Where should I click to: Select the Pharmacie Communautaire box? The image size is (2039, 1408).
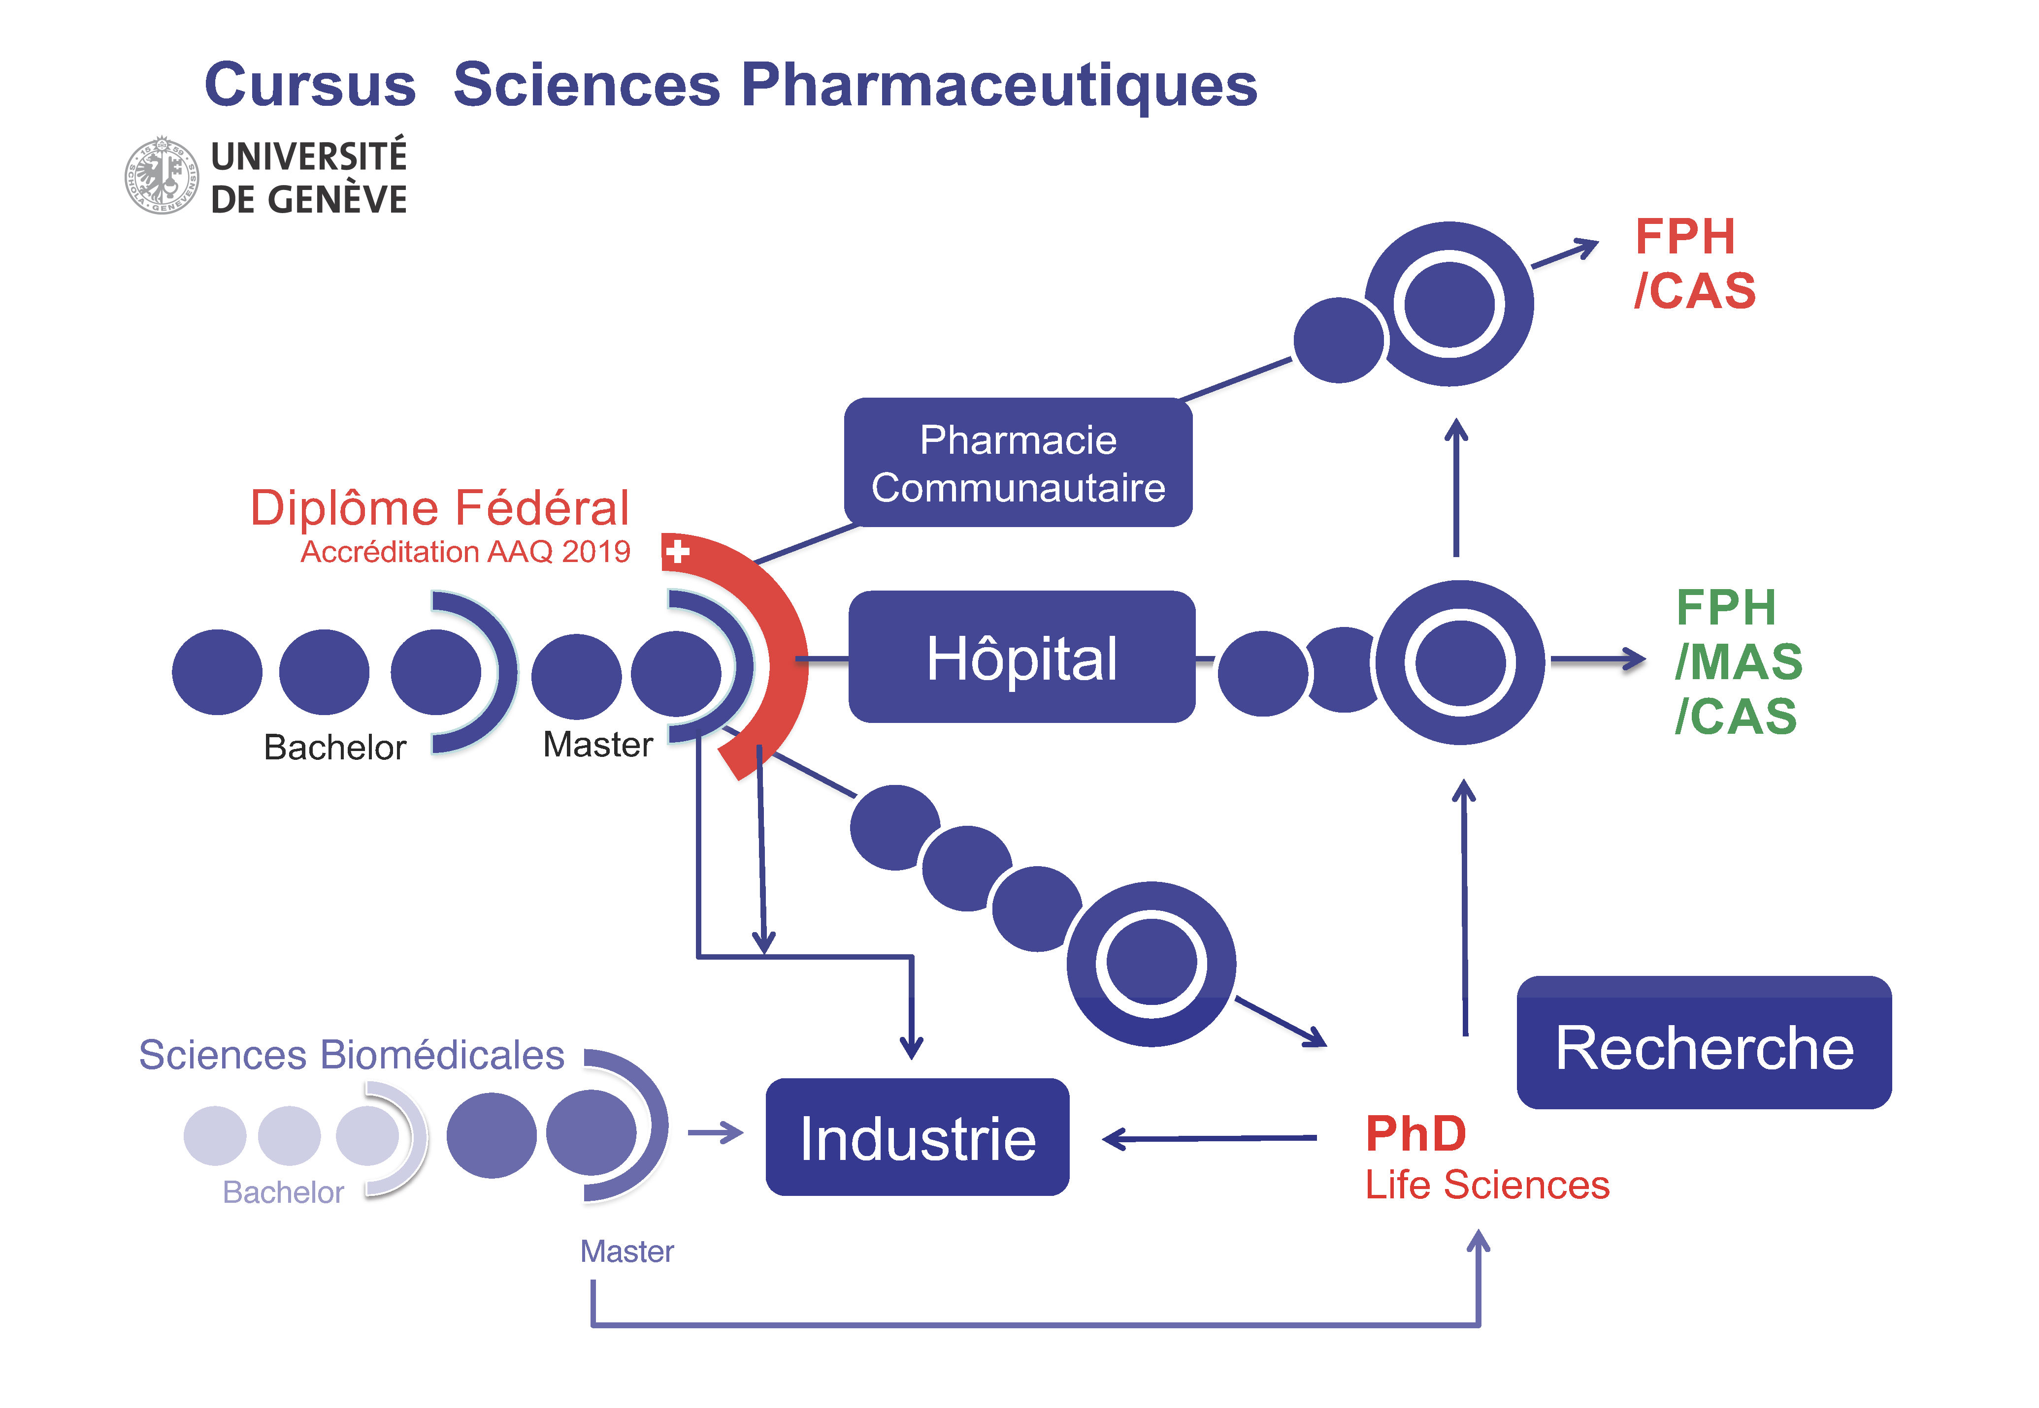tap(1017, 463)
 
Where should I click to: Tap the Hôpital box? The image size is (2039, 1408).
tap(1021, 657)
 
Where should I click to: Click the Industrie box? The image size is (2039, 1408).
tap(917, 1137)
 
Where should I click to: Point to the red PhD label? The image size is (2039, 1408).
tap(1415, 1133)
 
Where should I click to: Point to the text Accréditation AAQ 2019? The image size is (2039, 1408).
tap(465, 551)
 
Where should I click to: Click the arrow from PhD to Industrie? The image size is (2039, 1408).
tap(1209, 1139)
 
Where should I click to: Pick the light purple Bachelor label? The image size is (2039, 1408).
tap(283, 1192)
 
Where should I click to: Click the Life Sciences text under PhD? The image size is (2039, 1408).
tap(1486, 1185)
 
